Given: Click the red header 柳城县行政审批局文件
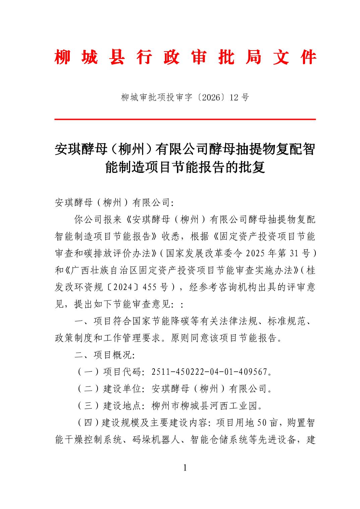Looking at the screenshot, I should coord(185,58).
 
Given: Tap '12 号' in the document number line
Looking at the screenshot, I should coord(240,97).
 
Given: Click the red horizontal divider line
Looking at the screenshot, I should coord(185,119).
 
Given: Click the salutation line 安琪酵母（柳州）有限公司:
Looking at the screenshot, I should coord(114,203).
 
